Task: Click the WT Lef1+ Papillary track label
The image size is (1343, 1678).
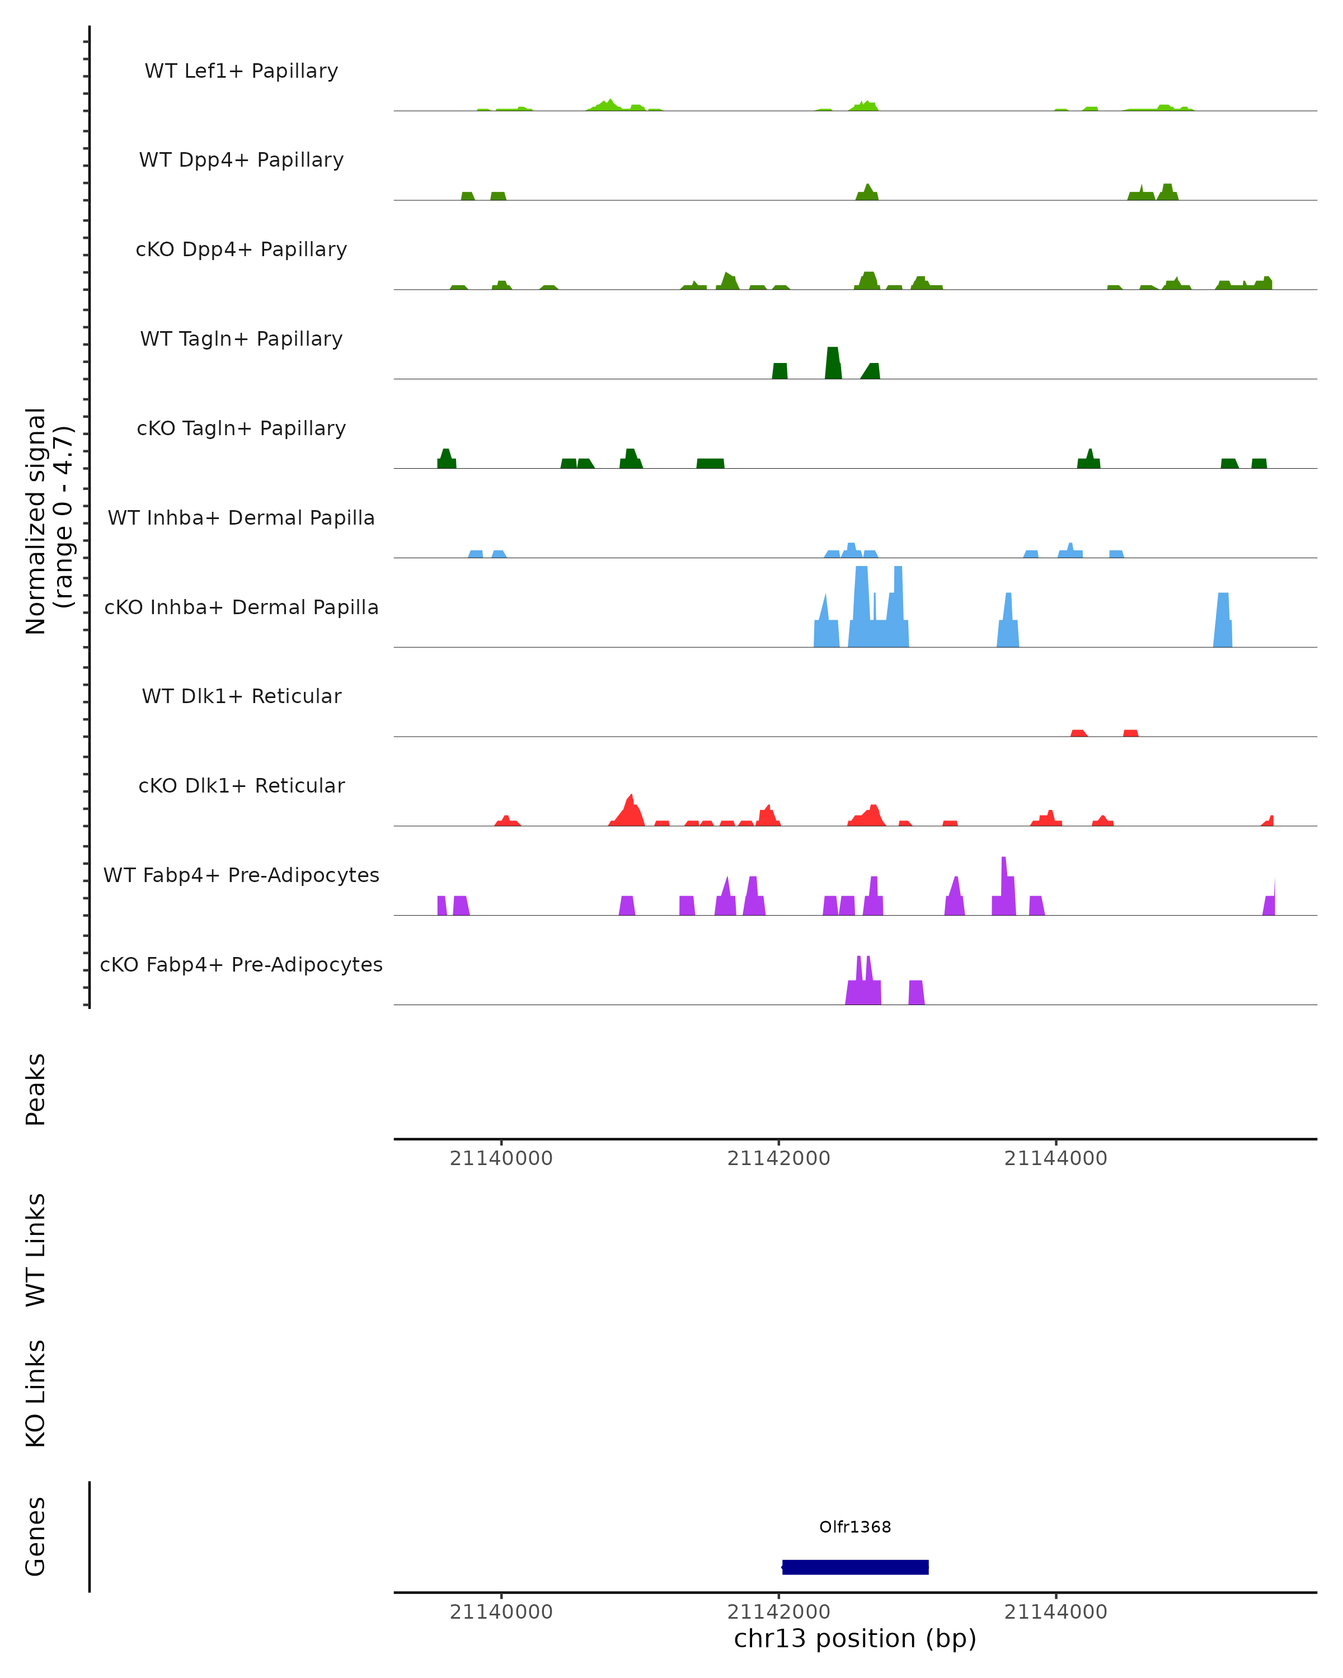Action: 241,71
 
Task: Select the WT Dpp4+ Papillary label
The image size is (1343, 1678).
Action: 241,161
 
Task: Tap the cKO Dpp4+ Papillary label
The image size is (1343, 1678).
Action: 241,250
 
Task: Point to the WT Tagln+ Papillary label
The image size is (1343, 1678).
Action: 241,340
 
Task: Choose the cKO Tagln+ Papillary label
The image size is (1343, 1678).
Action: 241,429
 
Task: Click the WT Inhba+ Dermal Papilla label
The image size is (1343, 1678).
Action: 241,519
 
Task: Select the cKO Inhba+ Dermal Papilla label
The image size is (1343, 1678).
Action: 241,608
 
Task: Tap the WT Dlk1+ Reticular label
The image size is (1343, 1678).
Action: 241,696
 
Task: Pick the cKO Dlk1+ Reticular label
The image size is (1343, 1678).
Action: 241,786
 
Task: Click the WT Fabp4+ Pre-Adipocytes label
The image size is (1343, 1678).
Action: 241,875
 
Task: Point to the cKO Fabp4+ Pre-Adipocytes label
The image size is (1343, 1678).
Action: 241,965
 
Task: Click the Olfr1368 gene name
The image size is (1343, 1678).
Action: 855,1527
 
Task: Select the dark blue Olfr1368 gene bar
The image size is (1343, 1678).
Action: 855,1567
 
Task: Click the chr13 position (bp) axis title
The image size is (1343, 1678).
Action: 855,1638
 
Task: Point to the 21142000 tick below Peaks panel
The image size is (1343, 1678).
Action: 778,1158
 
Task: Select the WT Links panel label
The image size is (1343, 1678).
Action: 36,1249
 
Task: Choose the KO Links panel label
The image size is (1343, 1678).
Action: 36,1393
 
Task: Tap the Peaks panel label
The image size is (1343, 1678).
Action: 36,1089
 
